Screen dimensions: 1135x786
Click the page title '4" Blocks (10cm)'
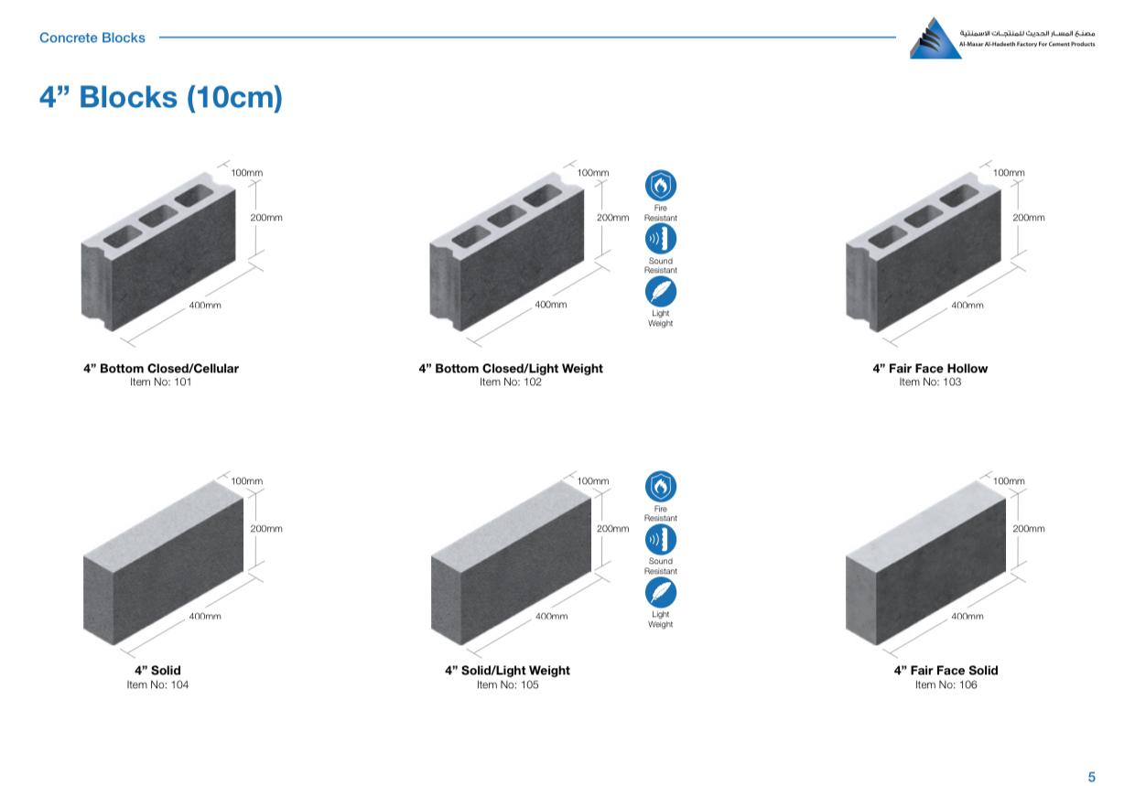point(160,97)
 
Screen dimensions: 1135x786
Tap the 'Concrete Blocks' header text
point(92,38)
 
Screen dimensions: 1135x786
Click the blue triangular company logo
point(935,38)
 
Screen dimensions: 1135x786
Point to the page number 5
point(1091,776)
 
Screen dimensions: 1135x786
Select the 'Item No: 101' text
point(160,382)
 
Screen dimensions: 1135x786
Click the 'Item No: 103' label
point(930,382)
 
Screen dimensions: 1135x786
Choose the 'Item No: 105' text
point(507,684)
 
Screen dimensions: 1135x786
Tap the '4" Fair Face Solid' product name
point(946,671)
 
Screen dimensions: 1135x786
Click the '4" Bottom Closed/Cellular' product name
point(160,368)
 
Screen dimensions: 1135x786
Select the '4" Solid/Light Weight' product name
point(507,671)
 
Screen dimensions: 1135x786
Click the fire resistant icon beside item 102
point(660,186)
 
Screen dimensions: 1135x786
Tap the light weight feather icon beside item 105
point(660,592)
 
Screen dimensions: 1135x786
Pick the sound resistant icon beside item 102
point(660,238)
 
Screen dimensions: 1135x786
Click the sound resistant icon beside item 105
point(660,539)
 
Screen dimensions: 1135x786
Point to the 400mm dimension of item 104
point(205,617)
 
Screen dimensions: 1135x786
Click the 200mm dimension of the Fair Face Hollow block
point(1028,217)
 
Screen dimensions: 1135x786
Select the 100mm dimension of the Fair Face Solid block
point(1009,481)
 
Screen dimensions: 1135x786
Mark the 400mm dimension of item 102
point(551,305)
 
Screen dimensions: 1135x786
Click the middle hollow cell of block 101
point(158,216)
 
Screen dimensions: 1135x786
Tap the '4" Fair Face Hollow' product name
point(930,368)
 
